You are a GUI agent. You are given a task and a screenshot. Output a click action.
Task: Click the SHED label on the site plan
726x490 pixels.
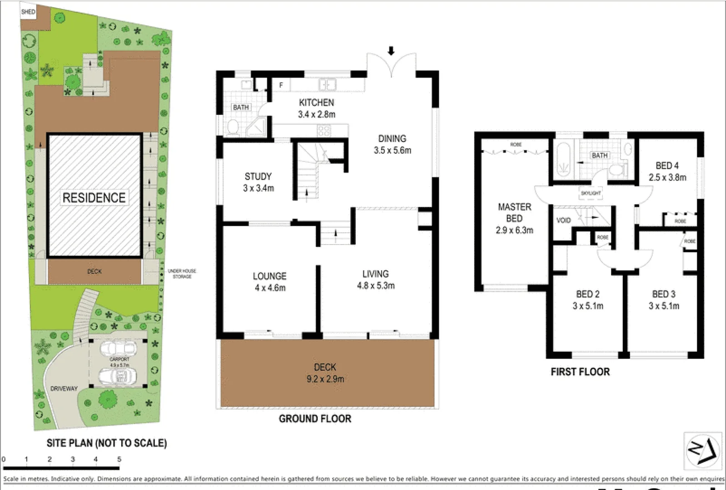pos(28,12)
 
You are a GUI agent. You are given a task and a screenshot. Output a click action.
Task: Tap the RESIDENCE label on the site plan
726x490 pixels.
pos(94,198)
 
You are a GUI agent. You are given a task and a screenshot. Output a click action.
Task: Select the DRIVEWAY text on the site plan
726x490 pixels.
pos(64,388)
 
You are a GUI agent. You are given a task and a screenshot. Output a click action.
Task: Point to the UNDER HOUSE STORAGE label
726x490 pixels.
pos(182,274)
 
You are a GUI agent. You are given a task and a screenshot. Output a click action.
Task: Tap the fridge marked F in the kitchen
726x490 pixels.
pos(281,85)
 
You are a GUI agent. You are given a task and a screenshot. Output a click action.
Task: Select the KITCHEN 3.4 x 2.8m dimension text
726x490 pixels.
pos(317,114)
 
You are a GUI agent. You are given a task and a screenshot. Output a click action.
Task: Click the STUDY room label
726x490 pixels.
pos(258,176)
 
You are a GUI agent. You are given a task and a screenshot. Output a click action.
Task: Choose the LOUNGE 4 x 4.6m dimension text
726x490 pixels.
pos(270,288)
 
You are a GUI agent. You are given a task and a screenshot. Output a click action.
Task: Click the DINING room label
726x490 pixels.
pos(392,139)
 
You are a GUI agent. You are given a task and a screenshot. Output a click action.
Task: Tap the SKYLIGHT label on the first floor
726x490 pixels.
pos(591,193)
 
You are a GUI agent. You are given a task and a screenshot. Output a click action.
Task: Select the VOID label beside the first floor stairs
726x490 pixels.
pos(563,220)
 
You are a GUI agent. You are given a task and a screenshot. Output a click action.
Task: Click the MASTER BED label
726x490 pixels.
pos(514,212)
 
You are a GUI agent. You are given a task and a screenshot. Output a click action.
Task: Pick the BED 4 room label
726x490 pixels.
pos(667,166)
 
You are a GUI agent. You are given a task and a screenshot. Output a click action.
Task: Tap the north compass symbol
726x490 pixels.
pos(702,451)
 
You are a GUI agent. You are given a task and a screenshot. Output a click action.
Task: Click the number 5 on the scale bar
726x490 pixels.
pos(119,459)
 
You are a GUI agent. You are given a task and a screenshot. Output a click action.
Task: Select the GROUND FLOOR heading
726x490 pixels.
pos(315,419)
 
